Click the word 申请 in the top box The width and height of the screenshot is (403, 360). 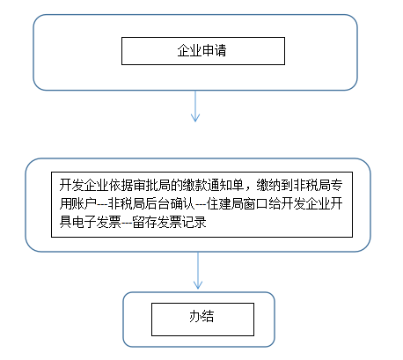(214, 50)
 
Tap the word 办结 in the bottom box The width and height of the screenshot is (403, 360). (201, 316)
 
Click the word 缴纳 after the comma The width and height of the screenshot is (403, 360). (268, 185)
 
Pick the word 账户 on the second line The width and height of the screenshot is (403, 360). (84, 203)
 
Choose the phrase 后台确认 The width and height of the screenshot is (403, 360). (170, 203)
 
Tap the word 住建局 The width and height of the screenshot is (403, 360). (225, 203)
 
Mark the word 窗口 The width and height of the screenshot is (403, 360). (256, 203)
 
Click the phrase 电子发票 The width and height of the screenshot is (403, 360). (97, 222)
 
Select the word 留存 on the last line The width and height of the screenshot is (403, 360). (145, 222)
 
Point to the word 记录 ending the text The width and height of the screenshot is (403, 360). (194, 222)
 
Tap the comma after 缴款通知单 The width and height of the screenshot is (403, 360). (248, 189)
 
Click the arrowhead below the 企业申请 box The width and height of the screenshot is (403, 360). (195, 117)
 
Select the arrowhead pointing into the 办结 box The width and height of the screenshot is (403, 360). (198, 284)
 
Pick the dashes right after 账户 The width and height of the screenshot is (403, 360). (103, 204)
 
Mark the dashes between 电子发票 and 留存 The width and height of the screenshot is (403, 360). (128, 223)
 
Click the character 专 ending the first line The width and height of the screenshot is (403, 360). (336, 185)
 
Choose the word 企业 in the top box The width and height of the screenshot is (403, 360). (189, 50)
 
